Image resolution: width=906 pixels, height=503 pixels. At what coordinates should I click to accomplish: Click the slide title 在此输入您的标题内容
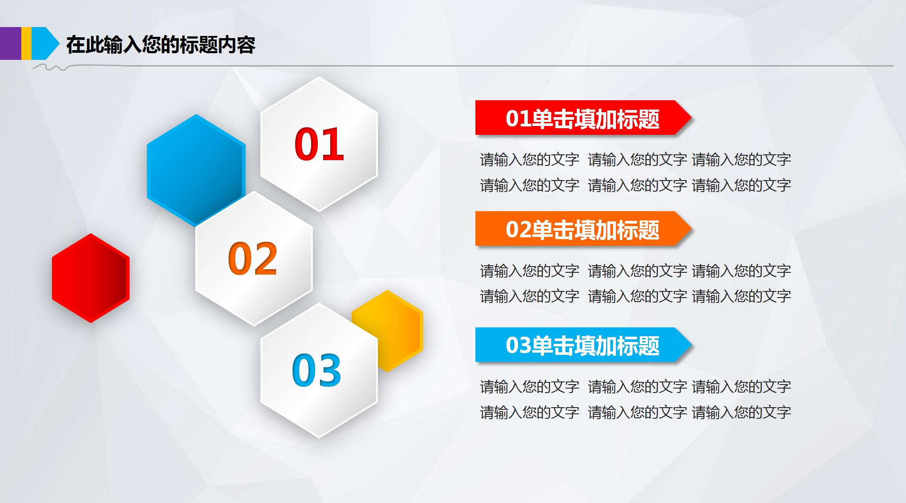161,45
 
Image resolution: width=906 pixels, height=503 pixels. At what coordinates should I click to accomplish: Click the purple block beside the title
10,43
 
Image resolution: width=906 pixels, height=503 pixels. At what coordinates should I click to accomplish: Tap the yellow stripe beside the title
26,43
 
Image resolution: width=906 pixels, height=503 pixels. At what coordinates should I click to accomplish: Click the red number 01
319,144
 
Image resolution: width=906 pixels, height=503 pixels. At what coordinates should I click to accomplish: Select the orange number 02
253,258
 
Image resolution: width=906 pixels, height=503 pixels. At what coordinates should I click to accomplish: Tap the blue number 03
317,370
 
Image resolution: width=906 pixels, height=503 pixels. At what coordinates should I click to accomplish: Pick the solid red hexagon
91,278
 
